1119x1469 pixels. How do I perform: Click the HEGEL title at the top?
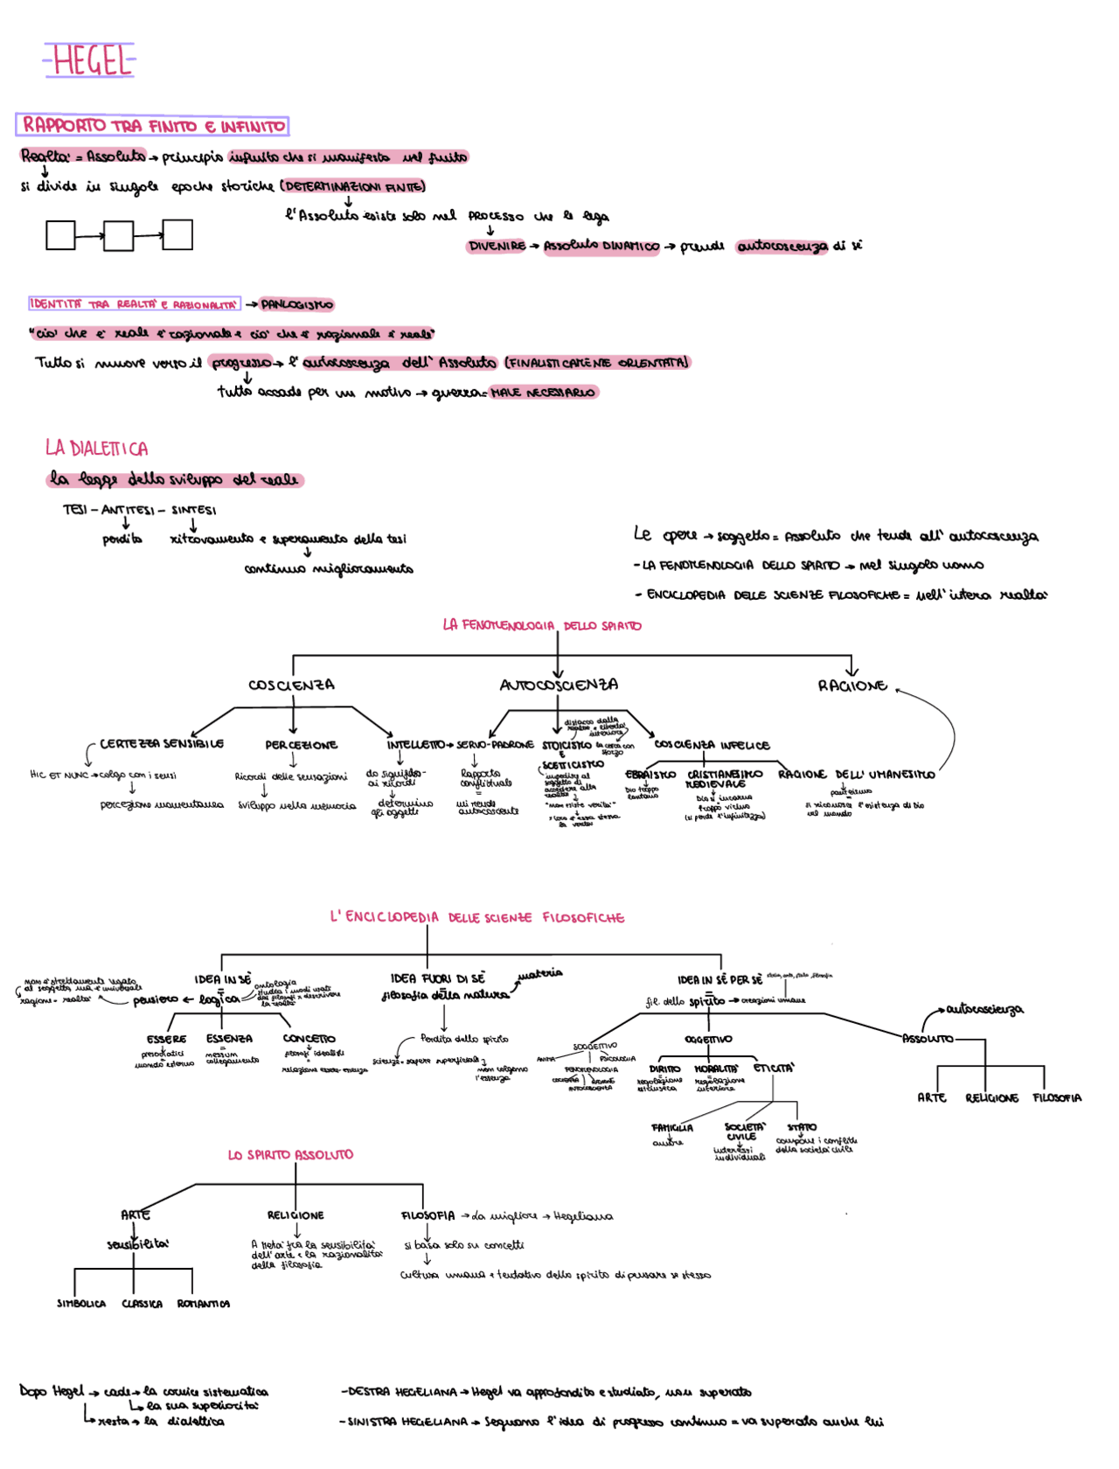tap(89, 61)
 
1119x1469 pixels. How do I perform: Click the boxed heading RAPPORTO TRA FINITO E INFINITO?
tap(153, 126)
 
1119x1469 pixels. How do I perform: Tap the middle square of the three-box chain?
tap(119, 236)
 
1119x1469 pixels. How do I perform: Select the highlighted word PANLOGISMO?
tap(297, 305)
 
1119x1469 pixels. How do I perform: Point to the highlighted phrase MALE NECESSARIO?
tap(543, 393)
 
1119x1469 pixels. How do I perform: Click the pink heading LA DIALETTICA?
tap(96, 449)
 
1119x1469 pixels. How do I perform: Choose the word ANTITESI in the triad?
tap(128, 510)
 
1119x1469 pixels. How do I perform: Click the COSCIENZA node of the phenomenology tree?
tap(291, 686)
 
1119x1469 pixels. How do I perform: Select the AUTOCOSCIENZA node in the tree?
tap(559, 685)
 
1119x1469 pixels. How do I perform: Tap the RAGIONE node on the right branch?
tap(852, 686)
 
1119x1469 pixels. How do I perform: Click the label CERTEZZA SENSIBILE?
tap(162, 744)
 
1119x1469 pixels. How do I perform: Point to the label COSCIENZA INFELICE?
tap(712, 745)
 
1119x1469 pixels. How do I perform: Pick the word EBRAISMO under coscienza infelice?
tap(650, 775)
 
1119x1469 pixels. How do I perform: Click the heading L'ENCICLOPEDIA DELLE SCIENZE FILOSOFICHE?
tap(477, 917)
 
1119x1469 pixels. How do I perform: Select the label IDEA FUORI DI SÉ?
tap(437, 978)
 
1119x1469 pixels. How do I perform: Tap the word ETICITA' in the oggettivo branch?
tap(774, 1069)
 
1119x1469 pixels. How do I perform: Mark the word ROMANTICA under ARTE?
tap(203, 1304)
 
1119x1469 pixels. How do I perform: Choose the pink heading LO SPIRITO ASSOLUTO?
tap(290, 1155)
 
